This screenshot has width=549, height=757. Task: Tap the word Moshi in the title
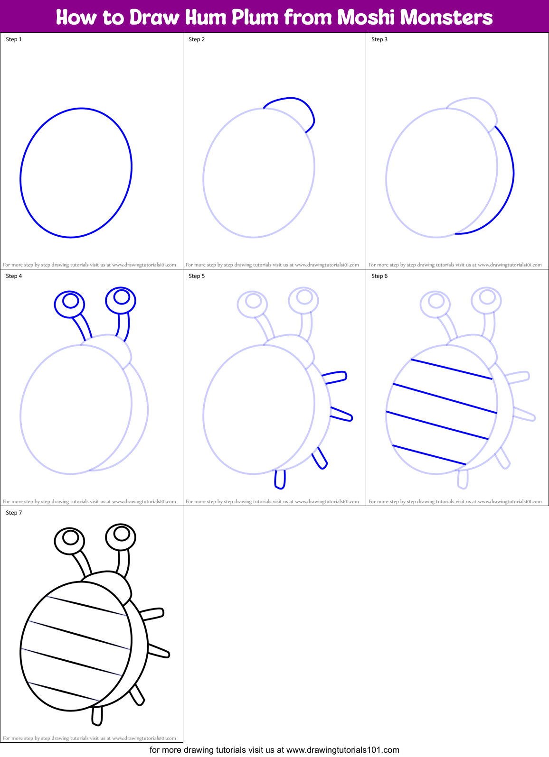(366, 18)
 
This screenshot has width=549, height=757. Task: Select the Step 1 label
(14, 39)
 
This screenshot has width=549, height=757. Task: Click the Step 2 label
(197, 39)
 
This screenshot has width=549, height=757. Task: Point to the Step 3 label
(379, 39)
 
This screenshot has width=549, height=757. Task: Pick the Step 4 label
(14, 276)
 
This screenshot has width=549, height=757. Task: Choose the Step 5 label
(197, 276)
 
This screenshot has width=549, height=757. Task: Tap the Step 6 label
(379, 276)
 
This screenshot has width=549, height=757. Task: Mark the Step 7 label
(14, 513)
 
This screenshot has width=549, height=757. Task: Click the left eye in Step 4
(70, 304)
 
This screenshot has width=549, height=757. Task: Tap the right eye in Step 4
(121, 300)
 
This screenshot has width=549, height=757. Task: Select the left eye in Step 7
(70, 540)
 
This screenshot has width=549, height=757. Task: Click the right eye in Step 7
(121, 536)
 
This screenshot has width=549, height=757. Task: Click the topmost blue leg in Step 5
(335, 378)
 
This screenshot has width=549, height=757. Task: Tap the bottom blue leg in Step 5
(280, 479)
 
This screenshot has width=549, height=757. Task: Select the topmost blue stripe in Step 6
(451, 369)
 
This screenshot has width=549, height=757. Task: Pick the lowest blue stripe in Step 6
(429, 455)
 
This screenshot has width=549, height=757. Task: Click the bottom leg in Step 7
(97, 716)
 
